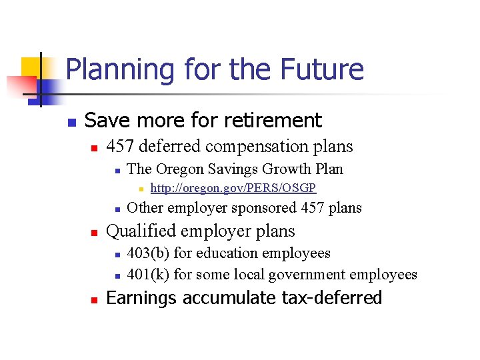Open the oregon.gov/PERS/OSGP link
click(233, 188)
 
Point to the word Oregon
click(177, 169)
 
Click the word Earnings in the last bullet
click(140, 298)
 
